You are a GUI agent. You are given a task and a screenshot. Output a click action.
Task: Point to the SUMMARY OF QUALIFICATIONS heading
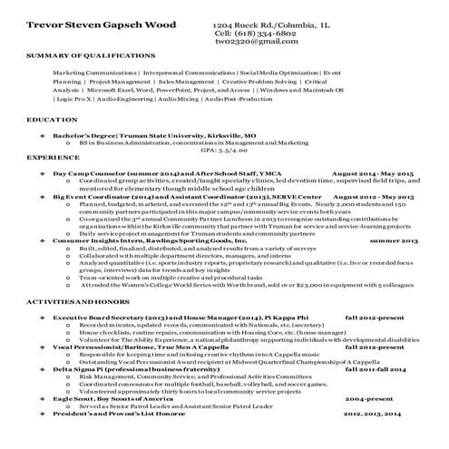82,56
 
